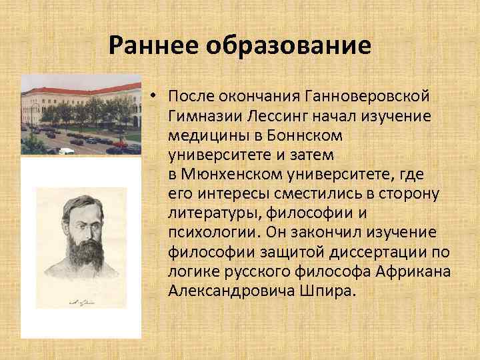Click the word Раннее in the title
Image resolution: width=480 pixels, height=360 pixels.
[155, 45]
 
